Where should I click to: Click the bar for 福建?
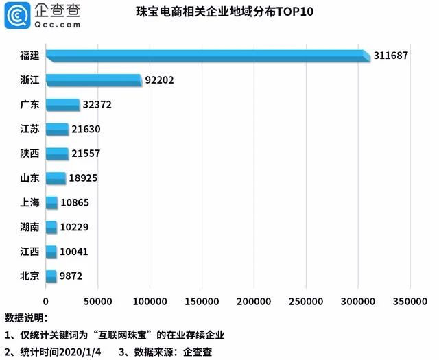[206, 56]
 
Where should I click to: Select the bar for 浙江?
[93, 80]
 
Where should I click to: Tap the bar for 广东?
[62, 105]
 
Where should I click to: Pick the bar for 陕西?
[57, 154]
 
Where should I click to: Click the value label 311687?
[391, 56]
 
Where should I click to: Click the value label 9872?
[75, 276]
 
